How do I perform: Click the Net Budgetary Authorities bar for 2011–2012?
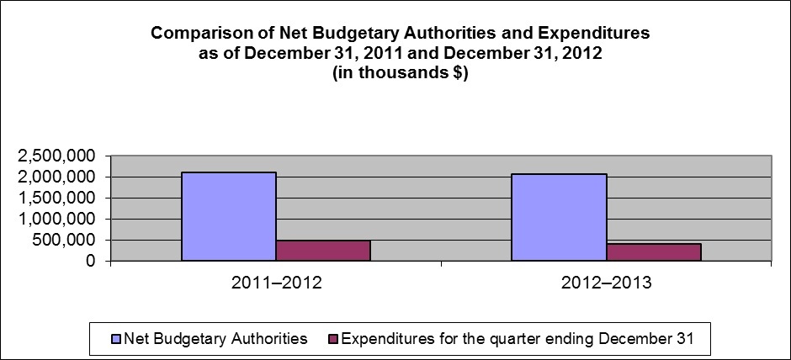pyautogui.click(x=229, y=217)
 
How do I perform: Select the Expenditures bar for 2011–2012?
pyautogui.click(x=323, y=251)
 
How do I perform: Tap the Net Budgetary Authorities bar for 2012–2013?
pyautogui.click(x=559, y=218)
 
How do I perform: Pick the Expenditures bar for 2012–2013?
pyautogui.click(x=653, y=252)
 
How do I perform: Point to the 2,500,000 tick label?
pyautogui.click(x=54, y=156)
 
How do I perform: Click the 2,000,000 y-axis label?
pyautogui.click(x=54, y=177)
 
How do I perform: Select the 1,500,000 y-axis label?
pyautogui.click(x=54, y=199)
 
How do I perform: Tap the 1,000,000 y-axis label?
pyautogui.click(x=54, y=220)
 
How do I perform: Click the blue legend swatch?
pyautogui.click(x=116, y=340)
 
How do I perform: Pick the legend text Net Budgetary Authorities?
pyautogui.click(x=215, y=340)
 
